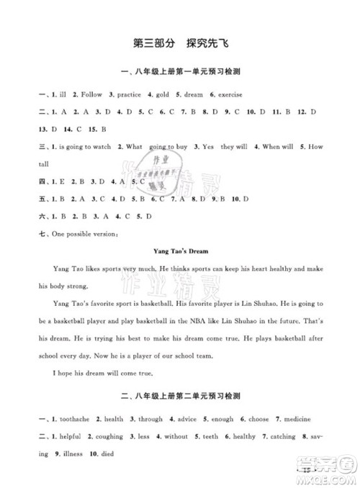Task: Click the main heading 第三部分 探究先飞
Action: pos(179,42)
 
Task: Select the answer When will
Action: pos(278,146)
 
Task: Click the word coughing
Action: pos(105,436)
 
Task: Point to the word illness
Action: pos(65,454)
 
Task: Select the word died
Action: pos(102,454)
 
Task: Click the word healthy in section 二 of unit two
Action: pos(264,436)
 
